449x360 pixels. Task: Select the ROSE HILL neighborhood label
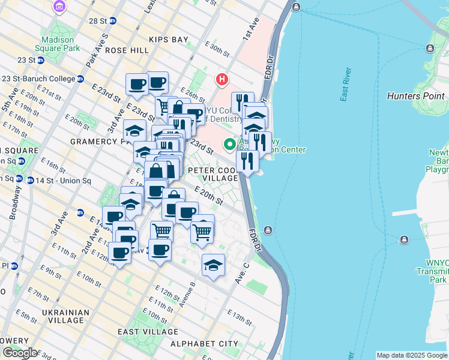pos(127,50)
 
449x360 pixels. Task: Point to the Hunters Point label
pos(416,96)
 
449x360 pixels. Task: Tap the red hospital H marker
pos(222,79)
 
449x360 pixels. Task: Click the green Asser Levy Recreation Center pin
pos(229,145)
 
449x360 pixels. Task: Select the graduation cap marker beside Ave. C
pos(214,265)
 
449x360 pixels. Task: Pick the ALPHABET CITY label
pos(204,343)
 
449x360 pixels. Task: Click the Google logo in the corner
pos(20,353)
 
